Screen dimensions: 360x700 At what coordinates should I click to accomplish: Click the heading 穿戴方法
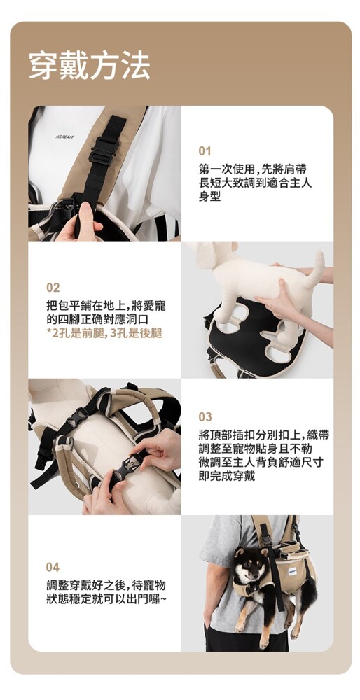pyautogui.click(x=90, y=66)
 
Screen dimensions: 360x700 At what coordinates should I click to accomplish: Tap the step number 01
pyautogui.click(x=205, y=151)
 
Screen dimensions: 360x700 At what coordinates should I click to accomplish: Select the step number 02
pyautogui.click(x=53, y=288)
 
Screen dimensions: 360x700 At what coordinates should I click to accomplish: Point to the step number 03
pyautogui.click(x=205, y=417)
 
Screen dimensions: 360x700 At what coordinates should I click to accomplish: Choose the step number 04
pyautogui.click(x=53, y=568)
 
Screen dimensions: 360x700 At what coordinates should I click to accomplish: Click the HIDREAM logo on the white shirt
pyautogui.click(x=65, y=136)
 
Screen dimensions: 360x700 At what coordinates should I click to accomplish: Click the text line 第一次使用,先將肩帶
pyautogui.click(x=253, y=169)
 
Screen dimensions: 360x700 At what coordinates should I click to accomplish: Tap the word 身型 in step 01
pyautogui.click(x=210, y=197)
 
